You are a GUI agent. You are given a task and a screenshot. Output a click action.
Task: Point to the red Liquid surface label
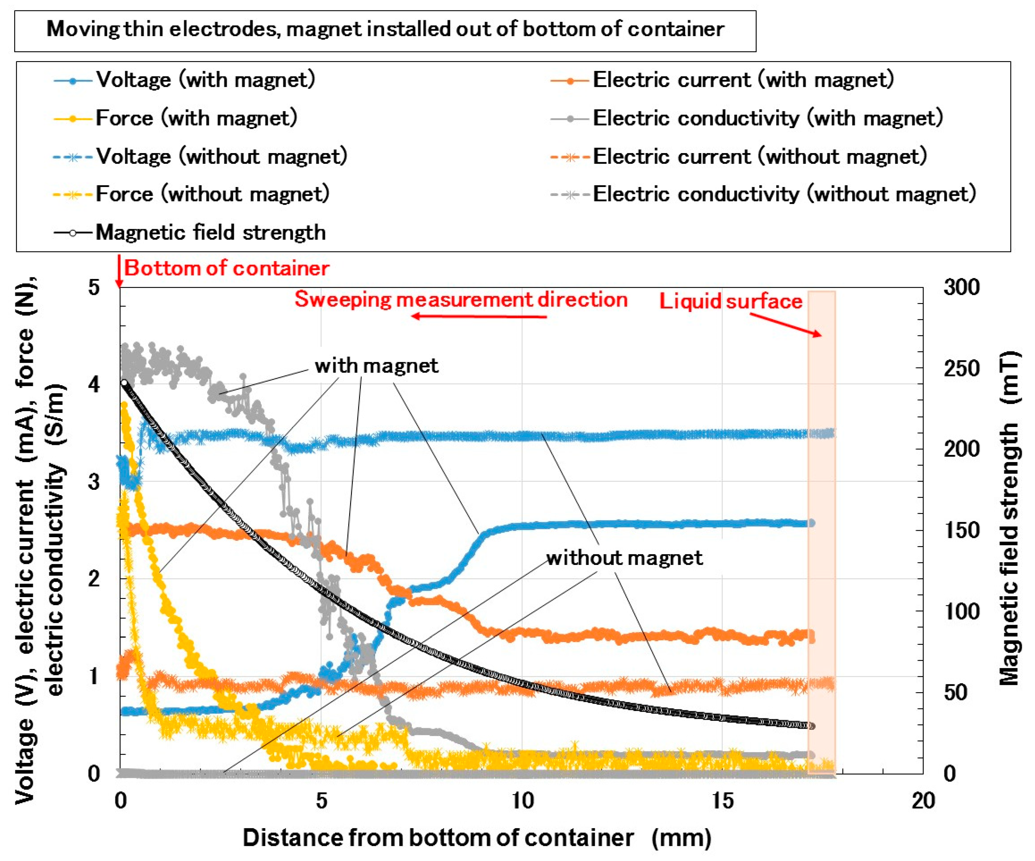(730, 301)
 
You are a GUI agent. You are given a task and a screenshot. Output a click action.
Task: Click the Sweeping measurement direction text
(461, 300)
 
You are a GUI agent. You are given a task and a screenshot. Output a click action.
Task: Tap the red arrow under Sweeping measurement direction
(478, 317)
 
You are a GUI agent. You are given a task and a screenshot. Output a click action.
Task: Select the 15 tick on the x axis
(722, 801)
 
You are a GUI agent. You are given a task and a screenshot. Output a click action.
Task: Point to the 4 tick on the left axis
(94, 384)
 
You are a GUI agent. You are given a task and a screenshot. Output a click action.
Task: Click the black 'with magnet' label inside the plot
(376, 366)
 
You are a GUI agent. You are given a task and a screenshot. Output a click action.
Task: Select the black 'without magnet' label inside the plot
(624, 558)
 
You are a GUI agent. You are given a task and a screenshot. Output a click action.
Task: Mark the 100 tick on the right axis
(961, 612)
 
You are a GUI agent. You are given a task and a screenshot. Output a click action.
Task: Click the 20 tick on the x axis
(923, 801)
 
